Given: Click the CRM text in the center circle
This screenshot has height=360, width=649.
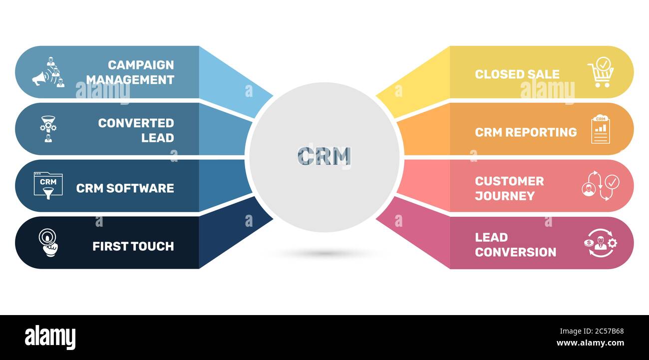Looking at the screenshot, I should (324, 156).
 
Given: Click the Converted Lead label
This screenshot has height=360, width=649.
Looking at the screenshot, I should (136, 130).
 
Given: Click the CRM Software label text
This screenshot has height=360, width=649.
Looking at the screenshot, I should (125, 188).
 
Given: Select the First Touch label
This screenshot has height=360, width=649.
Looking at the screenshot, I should (133, 246).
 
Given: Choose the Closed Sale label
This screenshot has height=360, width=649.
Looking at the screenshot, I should (517, 74).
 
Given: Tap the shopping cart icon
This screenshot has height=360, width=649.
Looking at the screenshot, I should (601, 73).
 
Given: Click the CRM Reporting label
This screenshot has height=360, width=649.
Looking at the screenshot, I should (526, 132).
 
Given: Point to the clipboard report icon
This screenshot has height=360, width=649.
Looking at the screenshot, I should (600, 129).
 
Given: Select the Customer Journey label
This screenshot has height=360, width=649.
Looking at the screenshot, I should (509, 188).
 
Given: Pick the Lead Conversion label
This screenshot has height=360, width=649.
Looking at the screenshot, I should (515, 245).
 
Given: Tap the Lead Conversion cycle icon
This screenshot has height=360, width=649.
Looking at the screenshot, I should (601, 243).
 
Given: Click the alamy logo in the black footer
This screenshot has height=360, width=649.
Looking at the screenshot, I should (50, 338).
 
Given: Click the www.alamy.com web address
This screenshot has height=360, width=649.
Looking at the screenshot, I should (587, 344).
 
